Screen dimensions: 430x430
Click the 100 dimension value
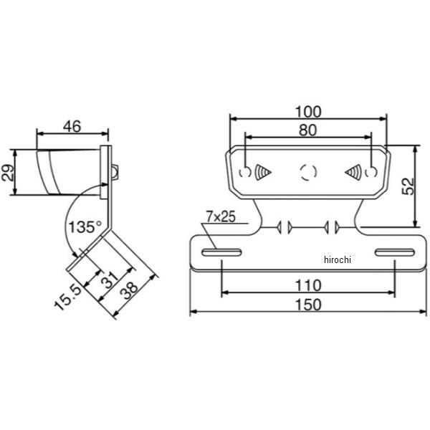tap(308, 112)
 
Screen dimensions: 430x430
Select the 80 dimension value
tap(307, 130)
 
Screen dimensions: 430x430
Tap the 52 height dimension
tap(408, 186)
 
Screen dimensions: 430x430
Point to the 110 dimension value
tap(308, 285)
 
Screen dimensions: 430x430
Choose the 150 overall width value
tap(308, 305)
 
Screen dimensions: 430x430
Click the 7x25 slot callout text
tap(221, 216)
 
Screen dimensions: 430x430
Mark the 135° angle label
tap(85, 226)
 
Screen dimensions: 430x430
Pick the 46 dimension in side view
tap(72, 126)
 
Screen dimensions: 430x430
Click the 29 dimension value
tap(7, 173)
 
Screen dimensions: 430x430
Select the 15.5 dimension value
tap(68, 297)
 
